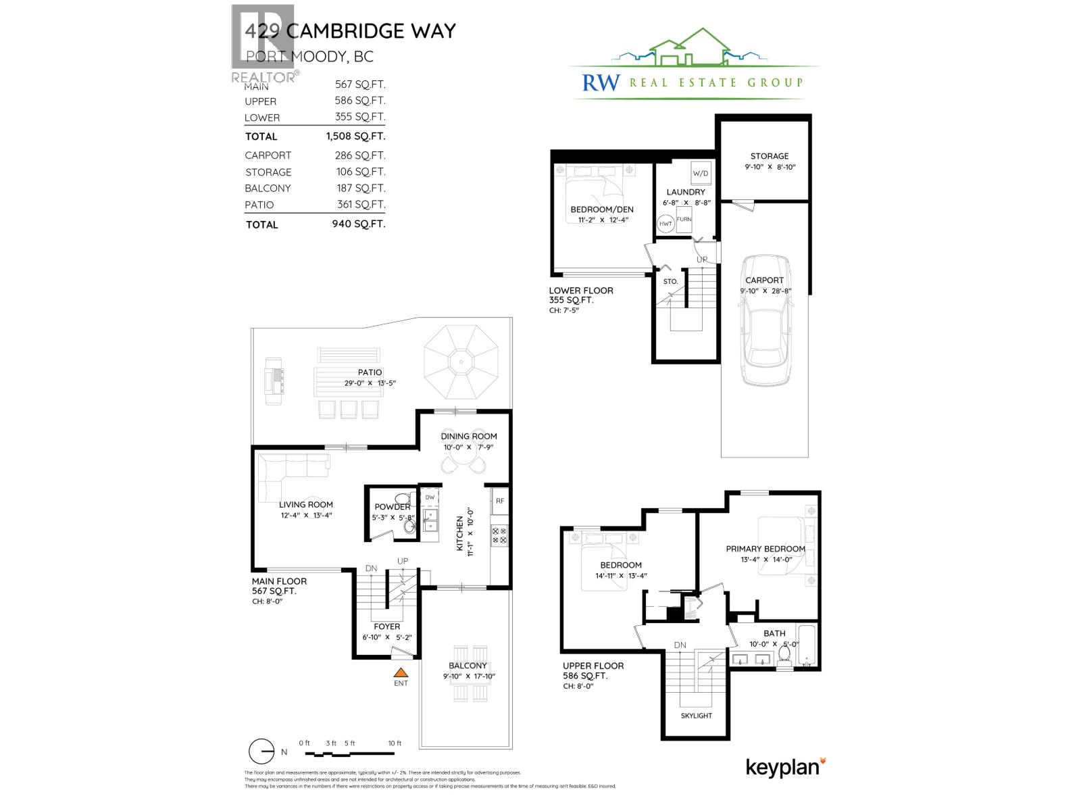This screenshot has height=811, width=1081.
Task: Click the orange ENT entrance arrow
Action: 401,672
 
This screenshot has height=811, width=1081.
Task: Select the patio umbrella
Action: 461,362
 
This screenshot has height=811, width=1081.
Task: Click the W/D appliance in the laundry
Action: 701,173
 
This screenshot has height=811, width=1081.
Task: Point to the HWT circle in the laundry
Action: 665,223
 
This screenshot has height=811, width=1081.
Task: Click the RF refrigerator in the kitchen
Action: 500,501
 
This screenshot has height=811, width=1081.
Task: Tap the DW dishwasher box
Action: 430,497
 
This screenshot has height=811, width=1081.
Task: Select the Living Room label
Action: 306,504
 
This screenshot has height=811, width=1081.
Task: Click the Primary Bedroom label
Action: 765,549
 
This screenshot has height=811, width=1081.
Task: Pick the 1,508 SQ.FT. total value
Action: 355,136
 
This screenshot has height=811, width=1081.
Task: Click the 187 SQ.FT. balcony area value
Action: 361,188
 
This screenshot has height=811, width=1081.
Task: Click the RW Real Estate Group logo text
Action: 693,82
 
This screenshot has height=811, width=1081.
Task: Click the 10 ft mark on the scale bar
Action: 395,743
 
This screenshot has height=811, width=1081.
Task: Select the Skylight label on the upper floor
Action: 696,715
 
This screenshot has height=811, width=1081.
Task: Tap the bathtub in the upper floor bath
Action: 807,646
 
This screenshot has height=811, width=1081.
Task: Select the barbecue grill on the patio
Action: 274,380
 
